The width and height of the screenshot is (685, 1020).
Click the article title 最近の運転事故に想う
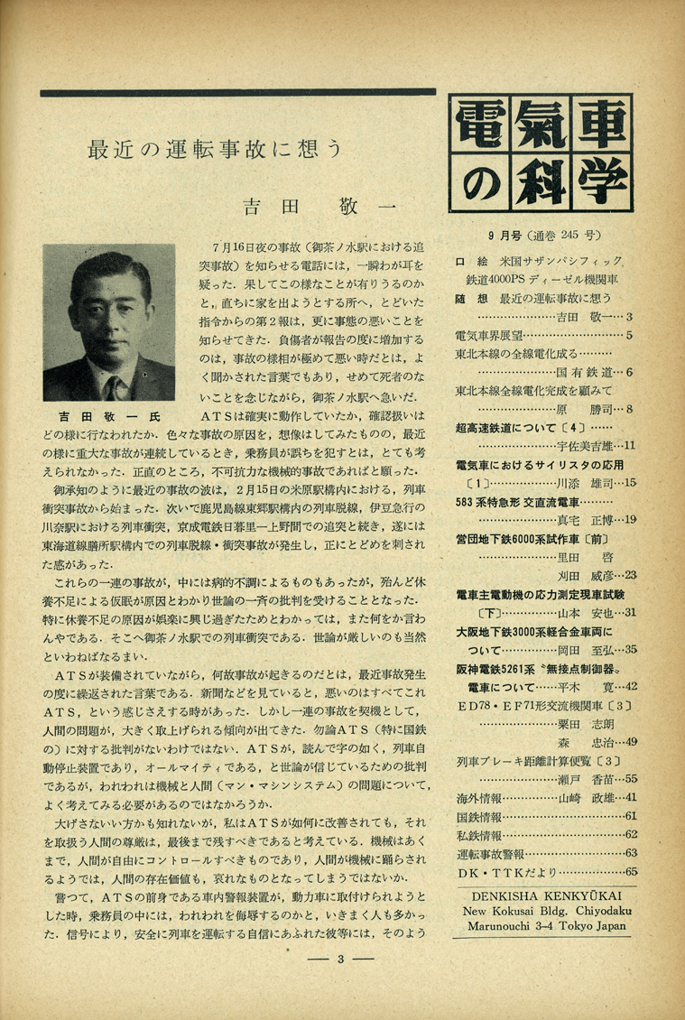point(216,149)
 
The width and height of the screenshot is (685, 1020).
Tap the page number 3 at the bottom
point(341,959)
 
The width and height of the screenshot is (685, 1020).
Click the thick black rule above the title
point(238,92)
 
